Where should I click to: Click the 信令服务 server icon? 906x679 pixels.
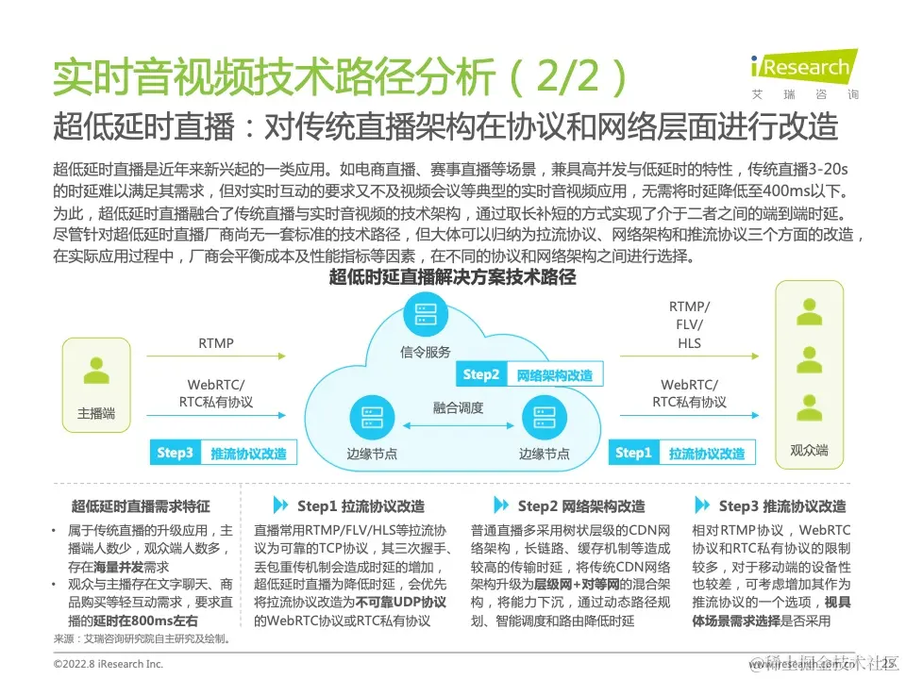(425, 314)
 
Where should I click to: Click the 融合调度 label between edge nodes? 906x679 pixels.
(458, 407)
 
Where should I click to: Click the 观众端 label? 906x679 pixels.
(808, 451)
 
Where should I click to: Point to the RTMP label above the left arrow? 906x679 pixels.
(215, 342)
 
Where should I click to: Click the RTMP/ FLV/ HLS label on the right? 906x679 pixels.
(689, 324)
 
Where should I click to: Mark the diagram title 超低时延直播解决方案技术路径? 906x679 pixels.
(452, 278)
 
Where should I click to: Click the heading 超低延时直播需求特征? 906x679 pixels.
(141, 506)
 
